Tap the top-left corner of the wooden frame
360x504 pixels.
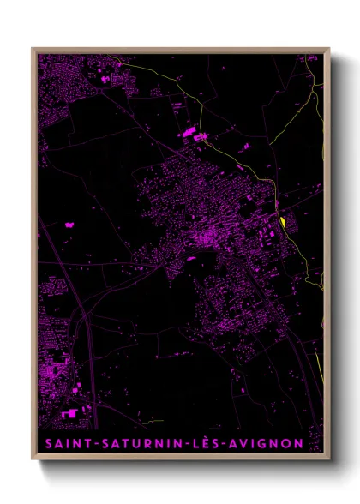click(33, 49)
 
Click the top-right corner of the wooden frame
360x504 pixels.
click(330, 49)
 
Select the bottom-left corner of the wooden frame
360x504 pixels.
click(33, 460)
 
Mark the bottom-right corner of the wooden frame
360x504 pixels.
click(330, 460)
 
